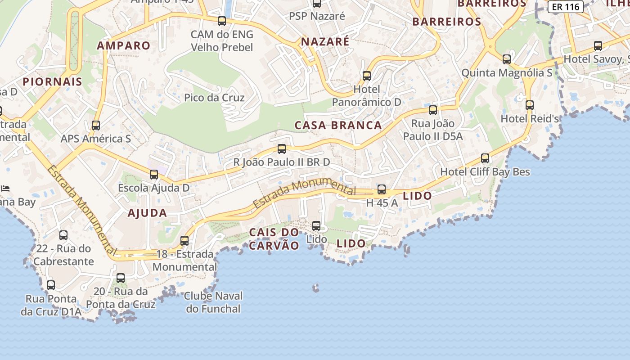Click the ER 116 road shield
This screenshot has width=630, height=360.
pyautogui.click(x=565, y=7)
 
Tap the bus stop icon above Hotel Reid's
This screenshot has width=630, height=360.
pyautogui.click(x=530, y=105)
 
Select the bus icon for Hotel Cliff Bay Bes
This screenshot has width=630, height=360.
pyautogui.click(x=485, y=158)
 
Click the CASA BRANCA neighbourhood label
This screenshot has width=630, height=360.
pyautogui.click(x=338, y=126)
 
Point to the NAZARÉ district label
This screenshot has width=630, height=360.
pyautogui.click(x=325, y=42)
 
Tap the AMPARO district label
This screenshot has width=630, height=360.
pyautogui.click(x=123, y=45)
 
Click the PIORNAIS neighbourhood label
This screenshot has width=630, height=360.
pyautogui.click(x=52, y=82)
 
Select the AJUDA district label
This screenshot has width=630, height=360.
pyautogui.click(x=147, y=213)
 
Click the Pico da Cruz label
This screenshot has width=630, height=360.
pyautogui.click(x=214, y=98)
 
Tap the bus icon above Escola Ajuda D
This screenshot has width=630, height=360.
pyautogui.click(x=154, y=175)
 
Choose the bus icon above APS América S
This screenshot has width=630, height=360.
pyautogui.click(x=96, y=126)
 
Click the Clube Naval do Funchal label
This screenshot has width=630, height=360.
pyautogui.click(x=214, y=302)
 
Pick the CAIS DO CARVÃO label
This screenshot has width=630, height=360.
pyautogui.click(x=274, y=239)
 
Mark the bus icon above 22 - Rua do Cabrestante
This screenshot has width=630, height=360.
pyautogui.click(x=63, y=235)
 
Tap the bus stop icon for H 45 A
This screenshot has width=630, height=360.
pyautogui.click(x=382, y=189)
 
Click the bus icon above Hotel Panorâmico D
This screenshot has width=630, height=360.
pyautogui.click(x=367, y=76)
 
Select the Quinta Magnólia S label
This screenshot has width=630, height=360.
pyautogui.click(x=507, y=73)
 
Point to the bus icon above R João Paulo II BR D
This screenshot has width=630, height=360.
pyautogui.click(x=282, y=149)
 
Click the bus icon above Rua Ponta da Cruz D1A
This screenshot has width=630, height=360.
pyautogui.click(x=51, y=285)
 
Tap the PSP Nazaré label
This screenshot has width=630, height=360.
pyautogui.click(x=317, y=16)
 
